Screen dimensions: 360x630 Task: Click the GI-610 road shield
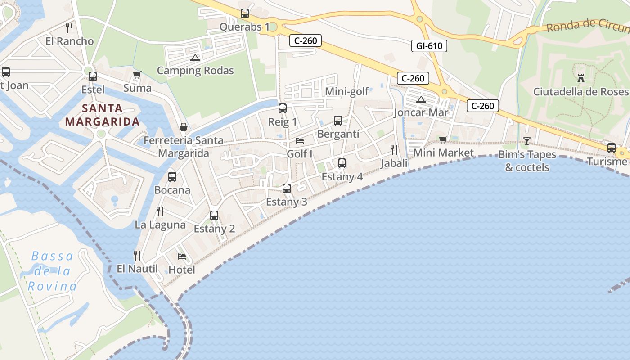point(429,45)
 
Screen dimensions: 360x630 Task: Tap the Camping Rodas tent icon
point(195,58)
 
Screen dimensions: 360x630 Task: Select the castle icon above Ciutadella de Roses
point(581,78)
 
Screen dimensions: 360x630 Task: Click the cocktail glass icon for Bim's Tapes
point(526,141)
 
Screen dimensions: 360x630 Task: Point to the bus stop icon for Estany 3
point(287,189)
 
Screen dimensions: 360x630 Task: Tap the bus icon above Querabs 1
point(245,13)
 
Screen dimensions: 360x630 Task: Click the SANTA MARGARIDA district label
point(102,115)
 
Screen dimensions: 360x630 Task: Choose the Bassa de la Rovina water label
point(52,271)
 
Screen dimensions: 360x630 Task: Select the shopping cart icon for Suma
point(137,75)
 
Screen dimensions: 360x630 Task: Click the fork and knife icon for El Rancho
point(69,28)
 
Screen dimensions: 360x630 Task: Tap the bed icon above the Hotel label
point(182,256)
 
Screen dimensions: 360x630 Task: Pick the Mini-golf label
point(347,91)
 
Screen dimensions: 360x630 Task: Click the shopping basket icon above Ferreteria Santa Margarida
point(184,127)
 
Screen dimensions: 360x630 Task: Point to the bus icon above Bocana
point(172,177)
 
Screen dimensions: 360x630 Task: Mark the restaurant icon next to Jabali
point(394,150)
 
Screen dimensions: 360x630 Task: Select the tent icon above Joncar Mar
point(421,99)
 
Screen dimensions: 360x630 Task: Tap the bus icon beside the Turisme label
point(612,148)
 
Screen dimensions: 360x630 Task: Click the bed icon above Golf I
point(300,141)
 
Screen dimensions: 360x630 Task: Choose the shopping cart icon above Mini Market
point(443,139)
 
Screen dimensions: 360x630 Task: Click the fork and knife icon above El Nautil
point(137,256)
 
